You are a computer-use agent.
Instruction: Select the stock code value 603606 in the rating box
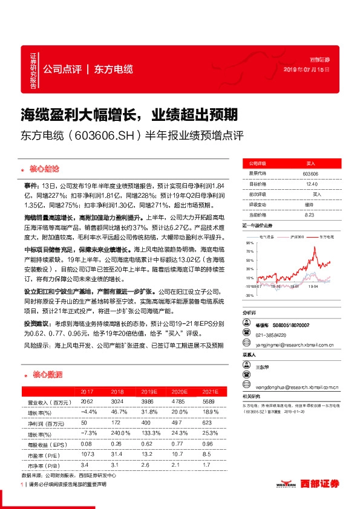[310, 174]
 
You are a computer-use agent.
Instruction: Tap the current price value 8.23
[310, 215]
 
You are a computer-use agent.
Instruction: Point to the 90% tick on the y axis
[249, 243]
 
